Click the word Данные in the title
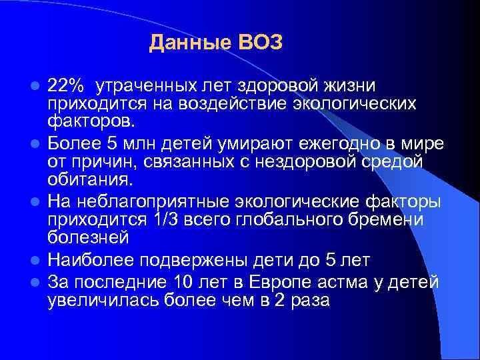(x=189, y=43)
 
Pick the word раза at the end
(x=309, y=301)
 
